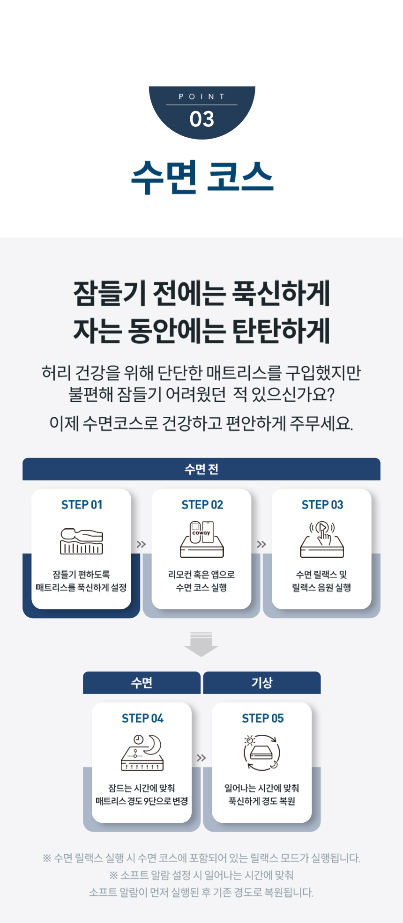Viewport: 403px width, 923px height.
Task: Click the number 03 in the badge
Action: (202, 119)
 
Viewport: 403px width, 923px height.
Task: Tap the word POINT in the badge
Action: (202, 96)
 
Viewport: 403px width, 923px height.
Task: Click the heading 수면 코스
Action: (202, 177)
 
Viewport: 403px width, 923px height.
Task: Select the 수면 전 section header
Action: (201, 469)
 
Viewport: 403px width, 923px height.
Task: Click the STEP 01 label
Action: (82, 505)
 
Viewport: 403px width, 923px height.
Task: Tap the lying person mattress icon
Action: (82, 541)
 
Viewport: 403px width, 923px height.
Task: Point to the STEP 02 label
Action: (202, 505)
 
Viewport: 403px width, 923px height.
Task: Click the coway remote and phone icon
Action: (202, 539)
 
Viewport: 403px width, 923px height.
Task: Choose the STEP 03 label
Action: (322, 505)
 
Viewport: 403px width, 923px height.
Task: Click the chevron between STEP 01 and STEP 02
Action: (141, 544)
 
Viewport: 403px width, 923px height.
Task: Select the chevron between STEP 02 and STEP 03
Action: (261, 544)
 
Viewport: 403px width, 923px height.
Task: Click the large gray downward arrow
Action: (201, 644)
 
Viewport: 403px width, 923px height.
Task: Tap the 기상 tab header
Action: (262, 683)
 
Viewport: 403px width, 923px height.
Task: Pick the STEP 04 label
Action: (142, 718)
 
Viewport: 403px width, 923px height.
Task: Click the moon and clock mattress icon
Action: (142, 753)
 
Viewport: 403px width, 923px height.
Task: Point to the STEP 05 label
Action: (263, 718)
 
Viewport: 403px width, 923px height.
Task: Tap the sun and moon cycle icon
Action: (262, 753)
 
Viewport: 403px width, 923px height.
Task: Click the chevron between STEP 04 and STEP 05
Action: (201, 758)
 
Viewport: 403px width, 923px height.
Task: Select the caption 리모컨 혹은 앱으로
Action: (201, 575)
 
